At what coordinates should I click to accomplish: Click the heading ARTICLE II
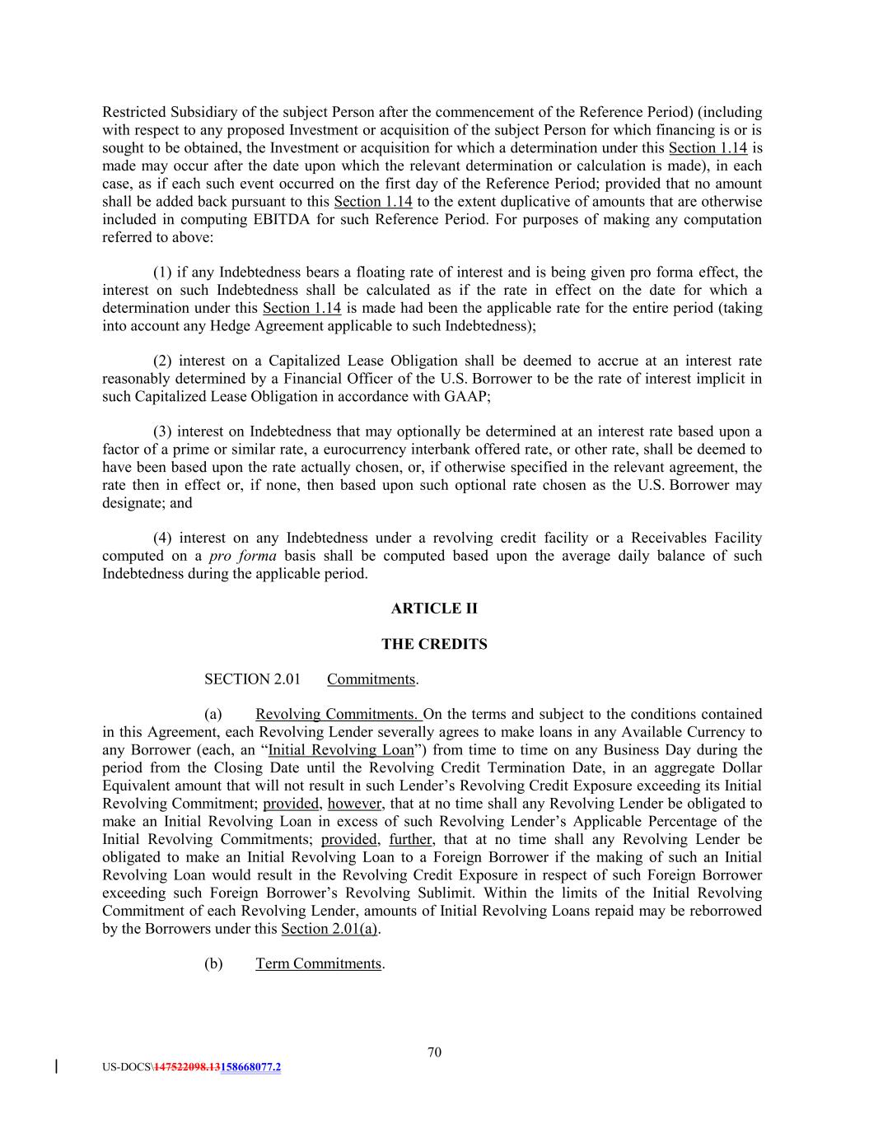434,609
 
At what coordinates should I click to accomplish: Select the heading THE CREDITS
434,644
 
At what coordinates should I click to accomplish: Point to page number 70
434,1052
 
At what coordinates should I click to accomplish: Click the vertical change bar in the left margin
56,1067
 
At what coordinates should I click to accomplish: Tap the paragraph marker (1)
163,273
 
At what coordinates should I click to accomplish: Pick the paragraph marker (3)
163,431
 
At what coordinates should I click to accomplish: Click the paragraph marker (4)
163,538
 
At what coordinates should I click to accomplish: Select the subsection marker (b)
213,963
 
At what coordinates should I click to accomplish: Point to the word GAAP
470,396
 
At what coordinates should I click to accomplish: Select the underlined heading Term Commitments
319,963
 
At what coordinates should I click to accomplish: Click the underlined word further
410,839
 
